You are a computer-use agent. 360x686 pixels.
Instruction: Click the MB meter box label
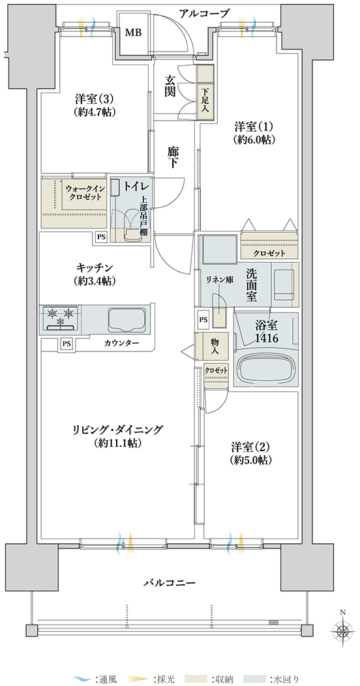coord(134,33)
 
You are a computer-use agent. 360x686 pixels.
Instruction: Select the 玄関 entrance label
coord(170,86)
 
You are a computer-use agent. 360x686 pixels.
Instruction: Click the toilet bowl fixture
coord(130,227)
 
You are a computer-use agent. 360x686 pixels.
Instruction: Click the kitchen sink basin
coord(127,320)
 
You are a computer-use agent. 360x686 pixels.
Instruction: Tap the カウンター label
coord(122,343)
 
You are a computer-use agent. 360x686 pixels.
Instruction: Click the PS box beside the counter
coord(66,344)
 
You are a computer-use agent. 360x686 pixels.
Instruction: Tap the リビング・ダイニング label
coord(117,430)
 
